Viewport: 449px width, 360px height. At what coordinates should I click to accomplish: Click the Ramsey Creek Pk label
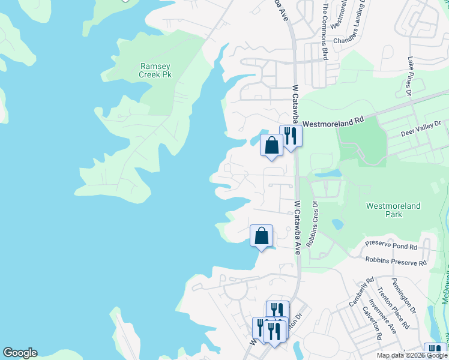[x=155, y=70]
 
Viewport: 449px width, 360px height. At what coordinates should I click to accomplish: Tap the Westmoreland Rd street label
[x=333, y=122]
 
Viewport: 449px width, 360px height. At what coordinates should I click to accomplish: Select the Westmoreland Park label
[x=394, y=210]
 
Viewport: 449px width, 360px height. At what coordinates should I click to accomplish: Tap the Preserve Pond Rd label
[x=391, y=246]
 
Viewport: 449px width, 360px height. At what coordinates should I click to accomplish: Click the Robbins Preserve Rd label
[x=396, y=262]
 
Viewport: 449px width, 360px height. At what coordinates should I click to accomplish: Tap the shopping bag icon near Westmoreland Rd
[x=271, y=145]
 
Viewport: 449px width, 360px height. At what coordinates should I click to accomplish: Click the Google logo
[x=20, y=353]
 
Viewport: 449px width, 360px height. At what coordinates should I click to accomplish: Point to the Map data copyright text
[x=412, y=355]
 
